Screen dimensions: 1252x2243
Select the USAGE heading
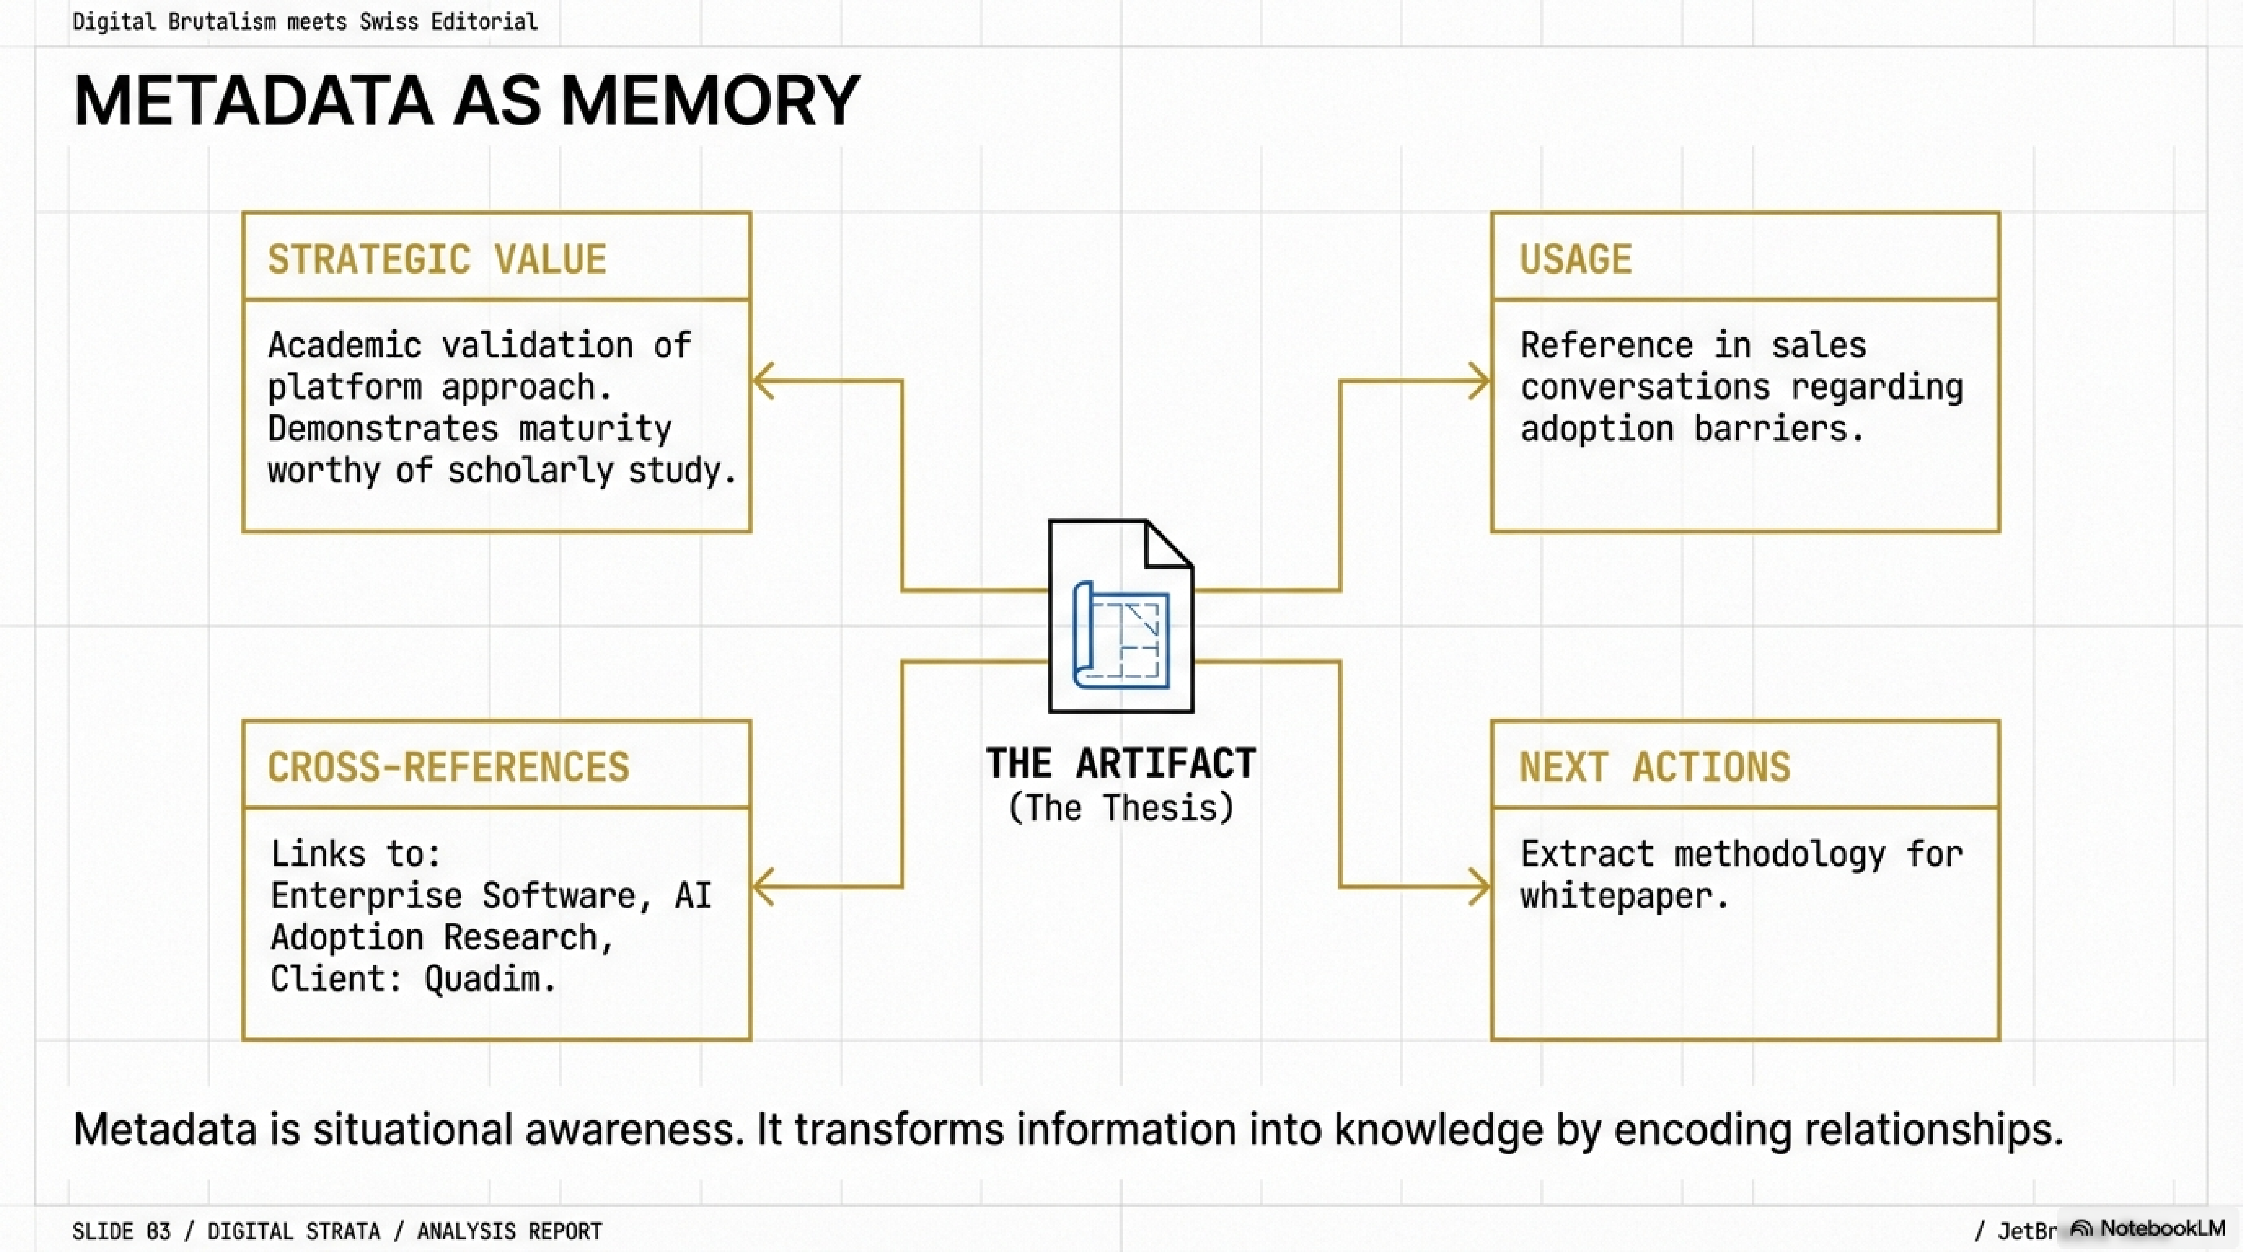1575,259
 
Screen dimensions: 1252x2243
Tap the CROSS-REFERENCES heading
448,767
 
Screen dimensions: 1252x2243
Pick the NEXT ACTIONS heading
1654,767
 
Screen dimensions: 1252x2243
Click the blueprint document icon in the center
1121,617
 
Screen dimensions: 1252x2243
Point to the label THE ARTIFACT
1121,764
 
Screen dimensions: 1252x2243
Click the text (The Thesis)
1121,808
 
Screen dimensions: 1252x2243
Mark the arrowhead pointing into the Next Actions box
1479,887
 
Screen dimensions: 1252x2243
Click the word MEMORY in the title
710,101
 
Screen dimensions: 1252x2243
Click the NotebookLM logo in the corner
2147,1229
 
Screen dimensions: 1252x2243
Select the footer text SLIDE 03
121,1231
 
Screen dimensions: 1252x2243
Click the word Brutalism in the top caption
221,22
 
